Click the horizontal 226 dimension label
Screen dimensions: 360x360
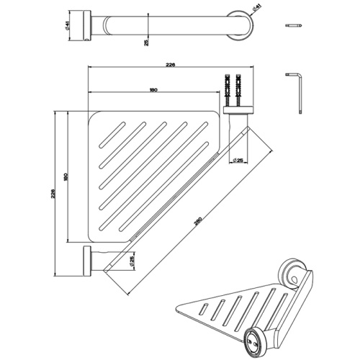point(170,65)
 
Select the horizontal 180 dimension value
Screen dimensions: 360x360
point(153,90)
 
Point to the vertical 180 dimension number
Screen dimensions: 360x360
point(66,178)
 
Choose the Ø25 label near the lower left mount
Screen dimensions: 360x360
point(131,259)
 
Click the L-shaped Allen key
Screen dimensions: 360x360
point(297,90)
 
